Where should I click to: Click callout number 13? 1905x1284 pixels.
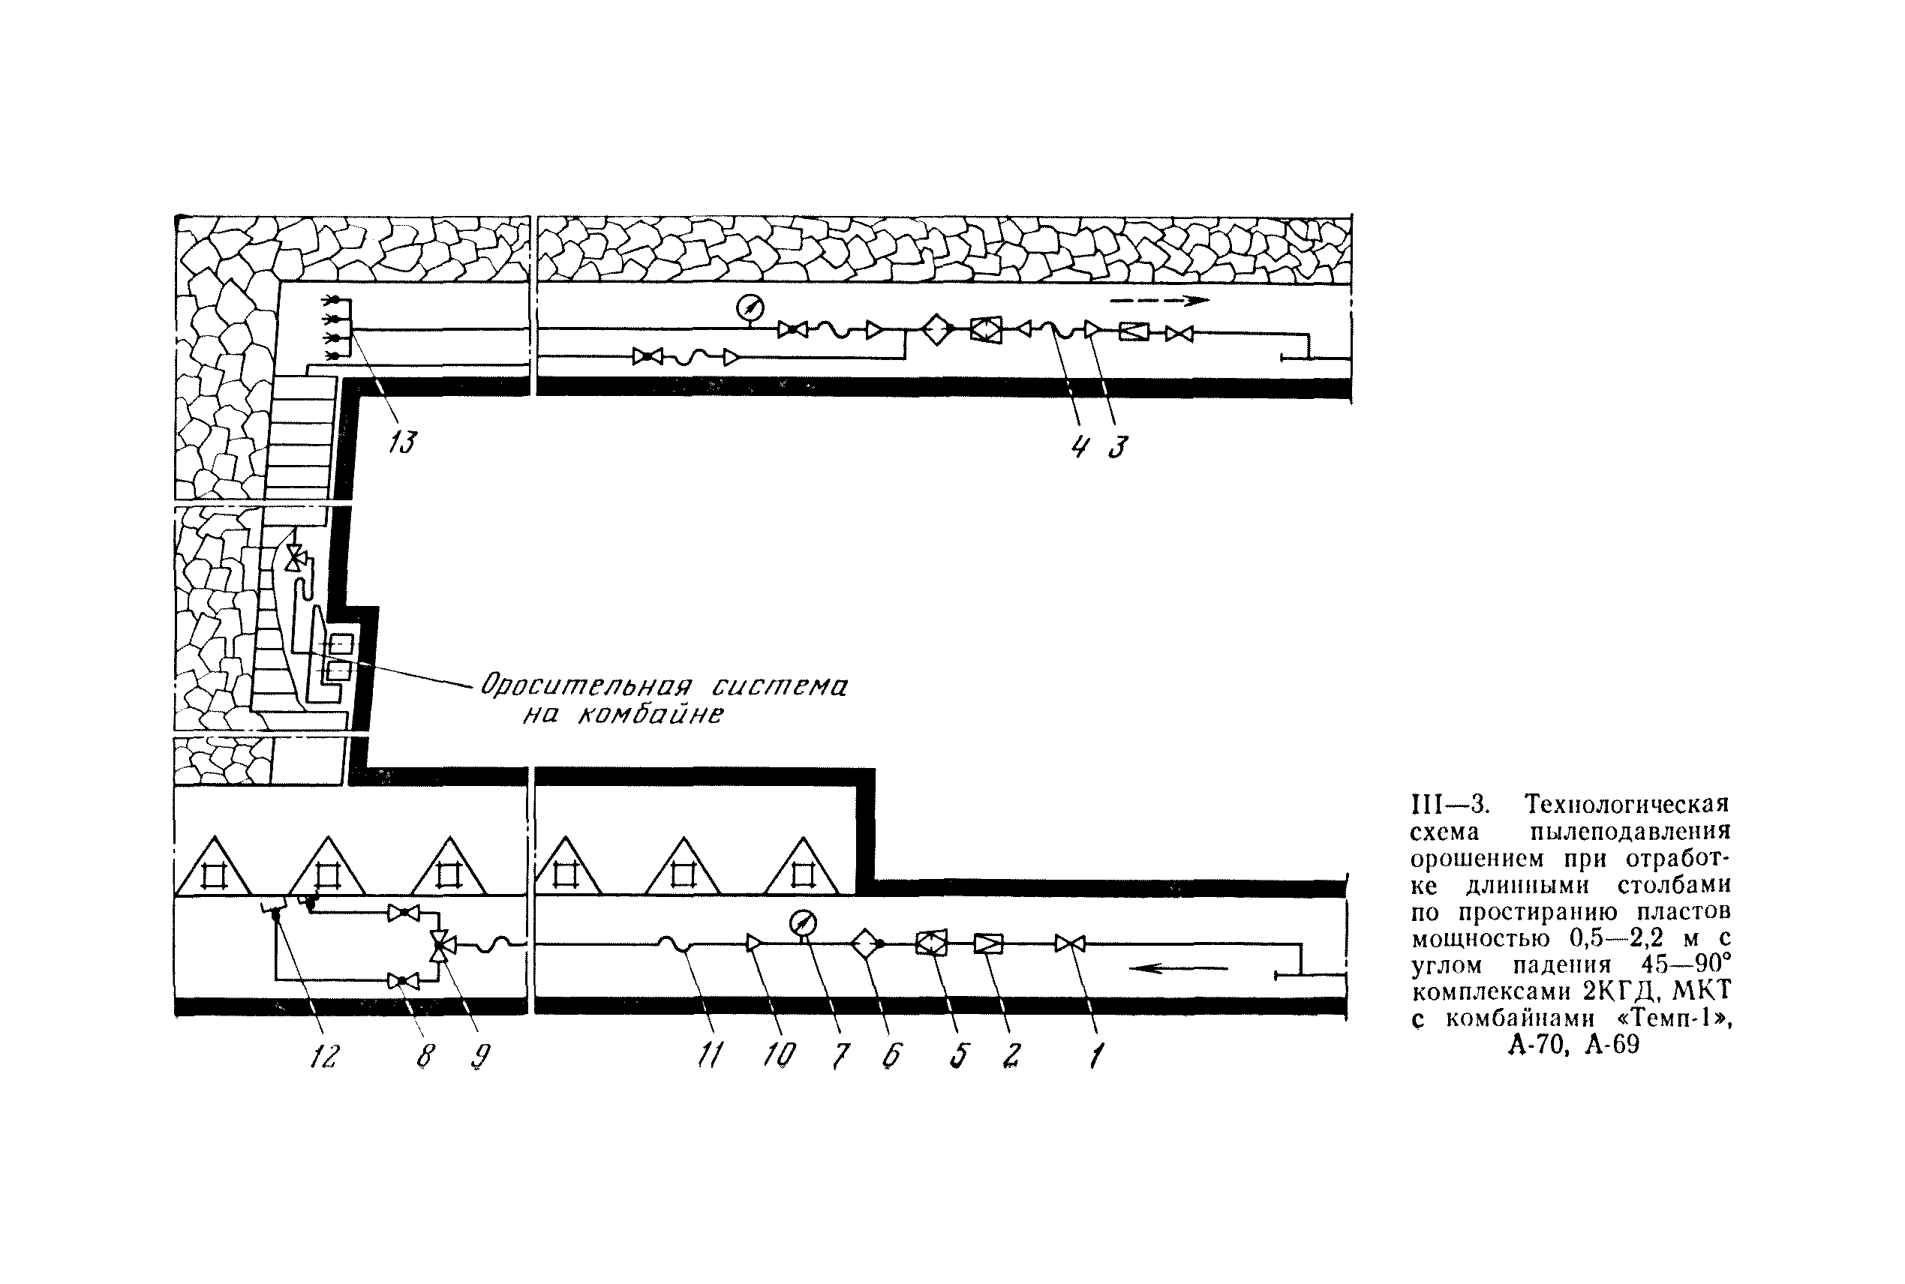coord(402,443)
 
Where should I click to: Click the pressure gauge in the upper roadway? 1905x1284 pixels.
coord(750,308)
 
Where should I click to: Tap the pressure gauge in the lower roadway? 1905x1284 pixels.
coord(803,924)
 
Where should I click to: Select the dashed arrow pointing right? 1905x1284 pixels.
coord(1160,301)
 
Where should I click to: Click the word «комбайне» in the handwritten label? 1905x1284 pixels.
coord(651,715)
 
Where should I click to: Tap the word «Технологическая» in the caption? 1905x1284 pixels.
coord(1627,804)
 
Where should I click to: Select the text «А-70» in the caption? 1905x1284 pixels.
coord(1533,1045)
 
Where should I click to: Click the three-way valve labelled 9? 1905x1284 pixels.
coord(441,946)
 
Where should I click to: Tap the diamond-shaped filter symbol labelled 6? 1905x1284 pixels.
coord(865,944)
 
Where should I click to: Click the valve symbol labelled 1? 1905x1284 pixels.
coord(1070,944)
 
